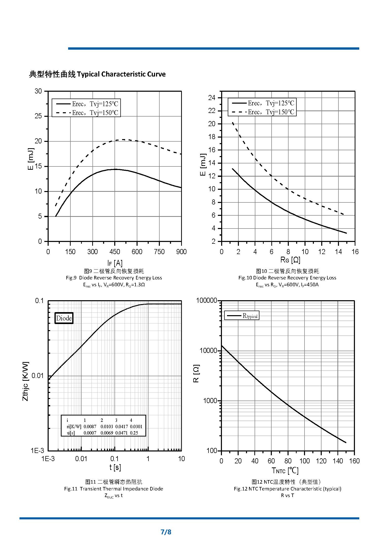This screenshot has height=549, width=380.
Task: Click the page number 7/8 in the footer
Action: pos(166,532)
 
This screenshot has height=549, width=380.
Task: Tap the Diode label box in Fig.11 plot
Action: pos(64,318)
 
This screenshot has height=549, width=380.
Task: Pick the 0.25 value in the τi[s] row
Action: pos(134,433)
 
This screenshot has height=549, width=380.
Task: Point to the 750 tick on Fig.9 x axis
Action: pos(159,252)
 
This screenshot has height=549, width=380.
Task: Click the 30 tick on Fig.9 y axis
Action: pos(38,91)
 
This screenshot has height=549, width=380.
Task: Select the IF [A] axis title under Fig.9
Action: pos(115,263)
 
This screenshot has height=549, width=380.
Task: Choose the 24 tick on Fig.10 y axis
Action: pos(212,98)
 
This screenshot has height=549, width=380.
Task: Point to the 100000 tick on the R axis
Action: pos(207,301)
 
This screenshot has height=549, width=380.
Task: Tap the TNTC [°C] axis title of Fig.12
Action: pos(285,471)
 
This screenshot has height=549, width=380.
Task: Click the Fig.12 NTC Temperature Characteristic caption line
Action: pos(287,489)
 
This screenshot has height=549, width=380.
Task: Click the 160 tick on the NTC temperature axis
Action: pos(354,461)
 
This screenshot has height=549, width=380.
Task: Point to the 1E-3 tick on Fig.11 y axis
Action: pos(37,450)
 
